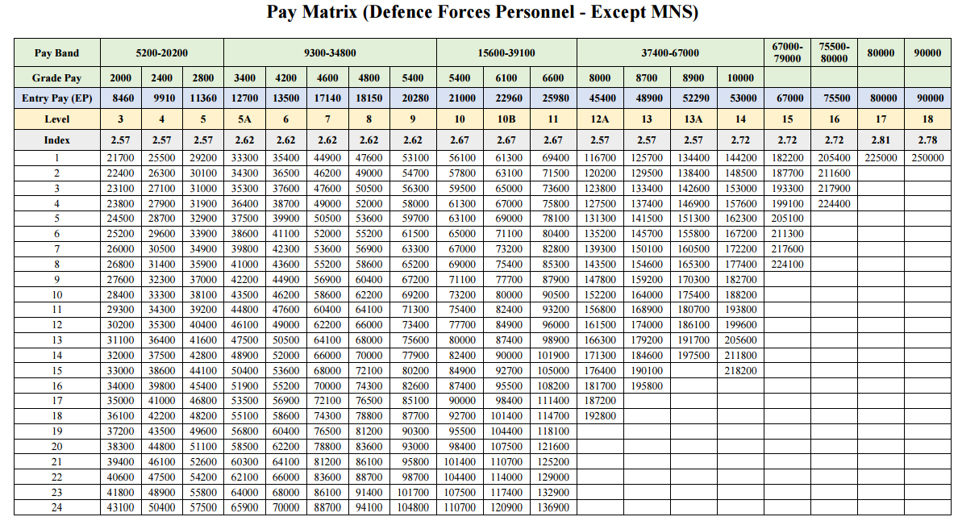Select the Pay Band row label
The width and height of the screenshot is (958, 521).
(x=56, y=52)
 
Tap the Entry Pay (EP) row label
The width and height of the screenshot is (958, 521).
(x=56, y=98)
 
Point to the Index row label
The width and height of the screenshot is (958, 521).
(x=56, y=140)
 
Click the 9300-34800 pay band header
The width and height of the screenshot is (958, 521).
(x=330, y=52)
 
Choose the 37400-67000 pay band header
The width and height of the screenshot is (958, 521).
(x=670, y=52)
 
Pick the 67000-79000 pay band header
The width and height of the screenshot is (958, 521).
(x=787, y=52)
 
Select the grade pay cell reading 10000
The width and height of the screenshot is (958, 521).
(x=740, y=78)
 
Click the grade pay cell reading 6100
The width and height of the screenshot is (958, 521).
(x=506, y=78)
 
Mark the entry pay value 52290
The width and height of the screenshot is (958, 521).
(x=694, y=98)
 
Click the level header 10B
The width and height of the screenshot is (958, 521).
(x=506, y=119)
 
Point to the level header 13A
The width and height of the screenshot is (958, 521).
(x=694, y=119)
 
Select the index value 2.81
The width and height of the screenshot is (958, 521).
(x=881, y=140)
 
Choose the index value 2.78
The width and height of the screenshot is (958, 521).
(x=927, y=140)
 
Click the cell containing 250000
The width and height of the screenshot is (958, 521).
(x=927, y=158)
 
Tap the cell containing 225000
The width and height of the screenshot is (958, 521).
(x=881, y=158)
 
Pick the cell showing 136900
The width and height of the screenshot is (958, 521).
(x=553, y=507)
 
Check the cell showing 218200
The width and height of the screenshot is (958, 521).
(x=740, y=370)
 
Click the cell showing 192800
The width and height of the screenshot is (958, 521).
(x=599, y=416)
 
